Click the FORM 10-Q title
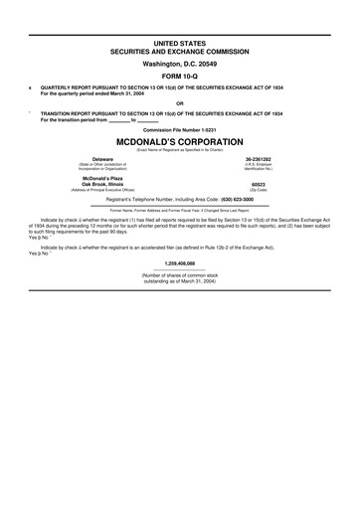pos(179,77)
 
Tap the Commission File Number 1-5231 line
pos(179,129)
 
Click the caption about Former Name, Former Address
pos(179,210)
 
